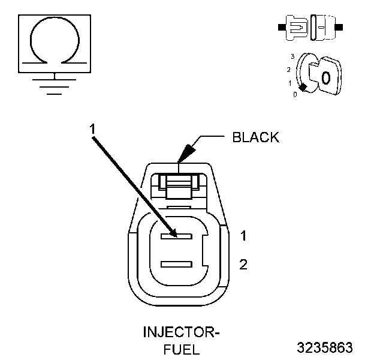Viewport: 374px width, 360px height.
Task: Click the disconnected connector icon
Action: (310, 28)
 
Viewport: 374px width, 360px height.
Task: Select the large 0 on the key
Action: (325, 77)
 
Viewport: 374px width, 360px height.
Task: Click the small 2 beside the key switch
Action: (289, 70)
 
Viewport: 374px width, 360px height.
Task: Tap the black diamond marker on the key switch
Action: (303, 88)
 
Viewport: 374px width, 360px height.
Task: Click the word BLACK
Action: (255, 137)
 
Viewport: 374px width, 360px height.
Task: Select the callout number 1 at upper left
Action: (93, 128)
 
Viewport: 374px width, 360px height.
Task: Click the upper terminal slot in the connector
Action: (176, 236)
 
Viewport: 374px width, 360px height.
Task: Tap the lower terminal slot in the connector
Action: (176, 264)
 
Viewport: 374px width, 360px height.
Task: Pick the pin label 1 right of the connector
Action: (243, 236)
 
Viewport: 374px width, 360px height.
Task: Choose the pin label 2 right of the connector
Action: (243, 264)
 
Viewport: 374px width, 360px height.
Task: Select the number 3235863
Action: (324, 347)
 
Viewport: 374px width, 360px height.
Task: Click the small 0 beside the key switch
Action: (294, 95)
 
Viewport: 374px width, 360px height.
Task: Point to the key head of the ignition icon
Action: (326, 77)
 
